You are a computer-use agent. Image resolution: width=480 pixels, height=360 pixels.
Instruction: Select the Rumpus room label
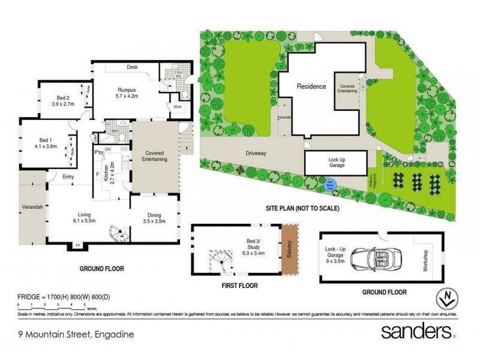[127, 89]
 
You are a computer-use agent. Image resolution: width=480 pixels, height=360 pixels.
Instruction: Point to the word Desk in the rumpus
[132, 67]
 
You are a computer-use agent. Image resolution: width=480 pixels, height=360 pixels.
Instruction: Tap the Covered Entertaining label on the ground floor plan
[154, 157]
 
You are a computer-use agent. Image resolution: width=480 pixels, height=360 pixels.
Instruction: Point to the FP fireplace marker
[77, 245]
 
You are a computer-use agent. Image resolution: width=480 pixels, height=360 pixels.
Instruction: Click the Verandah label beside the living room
[32, 207]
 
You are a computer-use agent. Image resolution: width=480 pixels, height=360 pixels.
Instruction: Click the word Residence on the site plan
[312, 86]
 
